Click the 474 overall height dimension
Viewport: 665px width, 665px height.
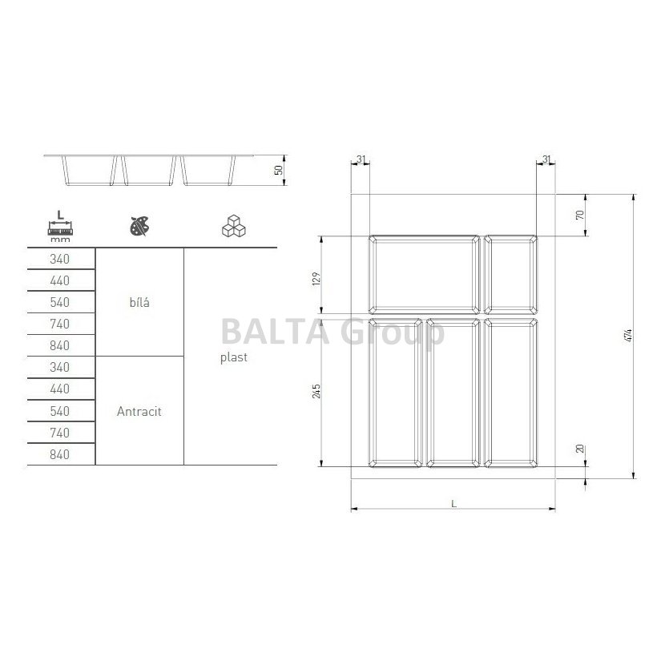coord(630,336)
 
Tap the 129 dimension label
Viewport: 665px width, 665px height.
coord(316,279)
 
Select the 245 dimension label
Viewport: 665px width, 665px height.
coord(316,391)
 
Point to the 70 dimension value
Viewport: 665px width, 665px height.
coord(580,215)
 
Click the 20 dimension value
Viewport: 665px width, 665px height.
coord(580,449)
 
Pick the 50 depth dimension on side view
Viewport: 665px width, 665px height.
coord(278,170)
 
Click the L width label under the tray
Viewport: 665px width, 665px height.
coord(453,504)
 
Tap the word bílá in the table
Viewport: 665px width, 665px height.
coord(139,302)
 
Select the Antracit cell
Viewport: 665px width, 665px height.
coord(139,411)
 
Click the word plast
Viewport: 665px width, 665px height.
coord(234,357)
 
